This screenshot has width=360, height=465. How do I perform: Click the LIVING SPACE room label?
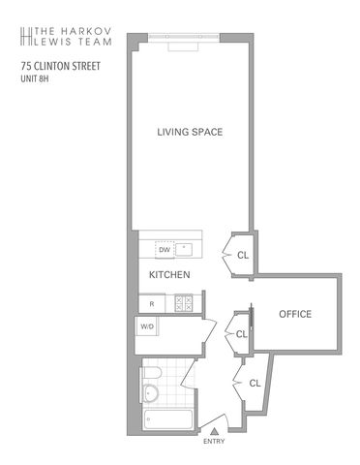coord(190,132)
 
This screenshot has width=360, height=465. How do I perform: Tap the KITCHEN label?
coord(169,275)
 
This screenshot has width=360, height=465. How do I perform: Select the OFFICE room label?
coord(295,314)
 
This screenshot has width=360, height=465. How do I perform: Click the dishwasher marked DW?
coord(165,250)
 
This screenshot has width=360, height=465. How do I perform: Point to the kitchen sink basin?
coord(184,249)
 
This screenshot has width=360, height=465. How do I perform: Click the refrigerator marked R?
coord(152,304)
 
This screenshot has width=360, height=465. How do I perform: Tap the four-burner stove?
coord(183,304)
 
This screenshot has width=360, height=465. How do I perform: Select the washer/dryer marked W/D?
coord(147,326)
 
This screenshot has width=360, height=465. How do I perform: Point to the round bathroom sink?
coord(150,393)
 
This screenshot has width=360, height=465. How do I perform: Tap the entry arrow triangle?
coord(214,431)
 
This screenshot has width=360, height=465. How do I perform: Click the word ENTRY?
coord(214,441)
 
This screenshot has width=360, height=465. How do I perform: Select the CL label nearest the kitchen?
coord(243,256)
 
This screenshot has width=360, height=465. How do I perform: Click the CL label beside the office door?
coord(242,334)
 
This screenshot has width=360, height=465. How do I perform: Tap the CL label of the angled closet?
coord(255,384)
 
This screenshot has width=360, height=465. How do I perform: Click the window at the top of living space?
coord(184,37)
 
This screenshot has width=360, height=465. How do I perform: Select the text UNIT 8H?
coord(35,78)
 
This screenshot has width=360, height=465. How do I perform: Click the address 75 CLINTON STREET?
coord(61,66)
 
